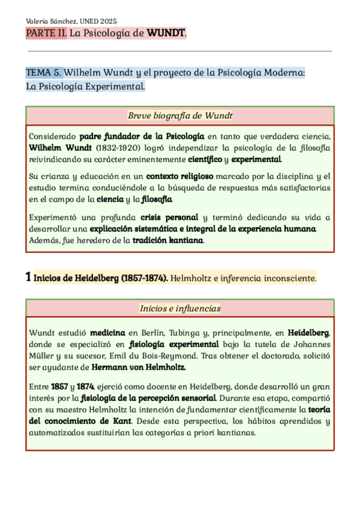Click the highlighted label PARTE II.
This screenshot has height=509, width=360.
click(x=46, y=33)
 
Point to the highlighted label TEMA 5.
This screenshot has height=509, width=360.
click(x=43, y=73)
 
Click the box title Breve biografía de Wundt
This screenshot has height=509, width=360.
click(x=180, y=115)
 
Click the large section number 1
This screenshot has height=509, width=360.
click(x=28, y=277)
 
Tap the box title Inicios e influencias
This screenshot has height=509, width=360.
click(x=180, y=309)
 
